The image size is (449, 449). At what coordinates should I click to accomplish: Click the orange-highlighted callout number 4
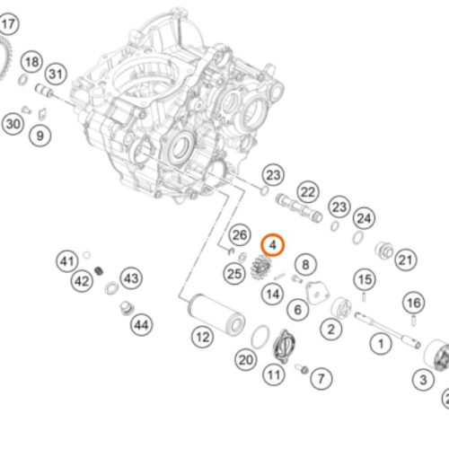coord(272,245)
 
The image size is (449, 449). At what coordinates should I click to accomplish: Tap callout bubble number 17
coord(8,24)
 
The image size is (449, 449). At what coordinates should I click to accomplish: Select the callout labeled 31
coord(56,74)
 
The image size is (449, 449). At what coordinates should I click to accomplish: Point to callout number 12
coord(203,338)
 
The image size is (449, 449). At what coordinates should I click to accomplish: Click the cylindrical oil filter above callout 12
coord(216,315)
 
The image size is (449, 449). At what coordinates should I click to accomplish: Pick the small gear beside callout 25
coord(260,268)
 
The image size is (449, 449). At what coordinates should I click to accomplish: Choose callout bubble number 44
coord(142,325)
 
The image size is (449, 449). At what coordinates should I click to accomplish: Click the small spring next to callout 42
coord(99,271)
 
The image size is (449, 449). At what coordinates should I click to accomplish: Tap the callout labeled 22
coord(308,192)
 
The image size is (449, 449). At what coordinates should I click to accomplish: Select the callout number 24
coord(364,218)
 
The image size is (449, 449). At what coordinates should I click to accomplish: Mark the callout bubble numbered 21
coord(406,260)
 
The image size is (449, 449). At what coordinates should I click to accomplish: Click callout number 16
coord(414,304)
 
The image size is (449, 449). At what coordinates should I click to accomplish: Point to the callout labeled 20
coord(246,359)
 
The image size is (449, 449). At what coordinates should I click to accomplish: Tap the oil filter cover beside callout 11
coord(284,346)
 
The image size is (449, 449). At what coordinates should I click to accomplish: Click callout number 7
coord(321,378)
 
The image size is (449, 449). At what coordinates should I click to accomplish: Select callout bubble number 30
coord(13,124)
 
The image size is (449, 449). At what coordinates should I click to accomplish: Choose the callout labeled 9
coord(40,136)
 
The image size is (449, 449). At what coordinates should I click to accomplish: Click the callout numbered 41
coord(67,261)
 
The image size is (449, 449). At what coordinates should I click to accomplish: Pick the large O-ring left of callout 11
coord(260,337)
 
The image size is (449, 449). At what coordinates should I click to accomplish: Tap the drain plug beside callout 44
coord(127,308)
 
